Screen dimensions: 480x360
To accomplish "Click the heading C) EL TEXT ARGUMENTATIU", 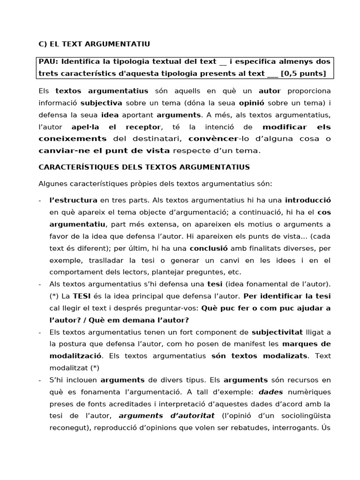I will click(94, 44).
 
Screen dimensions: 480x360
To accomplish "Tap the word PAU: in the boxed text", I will click(48, 61).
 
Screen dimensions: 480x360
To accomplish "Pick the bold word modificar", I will click(285, 127).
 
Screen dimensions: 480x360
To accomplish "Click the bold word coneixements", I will click(72, 138).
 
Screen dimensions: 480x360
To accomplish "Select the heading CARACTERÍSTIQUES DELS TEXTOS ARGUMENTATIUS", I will click(144, 167).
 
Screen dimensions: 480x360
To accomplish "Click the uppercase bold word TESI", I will click(83, 296).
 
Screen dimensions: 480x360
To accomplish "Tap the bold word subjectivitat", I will click(276, 332).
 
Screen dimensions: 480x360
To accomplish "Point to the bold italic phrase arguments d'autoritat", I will click(166, 415).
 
